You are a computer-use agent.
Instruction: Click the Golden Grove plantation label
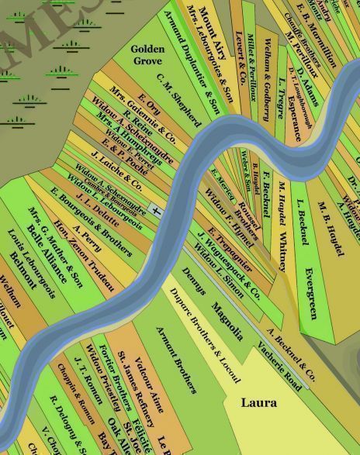point(147,53)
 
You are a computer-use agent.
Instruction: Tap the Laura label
point(258,403)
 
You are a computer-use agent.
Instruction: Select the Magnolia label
point(227,312)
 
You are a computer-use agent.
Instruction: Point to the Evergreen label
point(310,293)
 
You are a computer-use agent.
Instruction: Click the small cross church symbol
point(157,210)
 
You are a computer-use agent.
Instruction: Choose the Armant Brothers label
point(177,360)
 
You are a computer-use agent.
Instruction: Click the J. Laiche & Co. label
point(116,171)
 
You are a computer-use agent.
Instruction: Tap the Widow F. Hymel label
point(224,209)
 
